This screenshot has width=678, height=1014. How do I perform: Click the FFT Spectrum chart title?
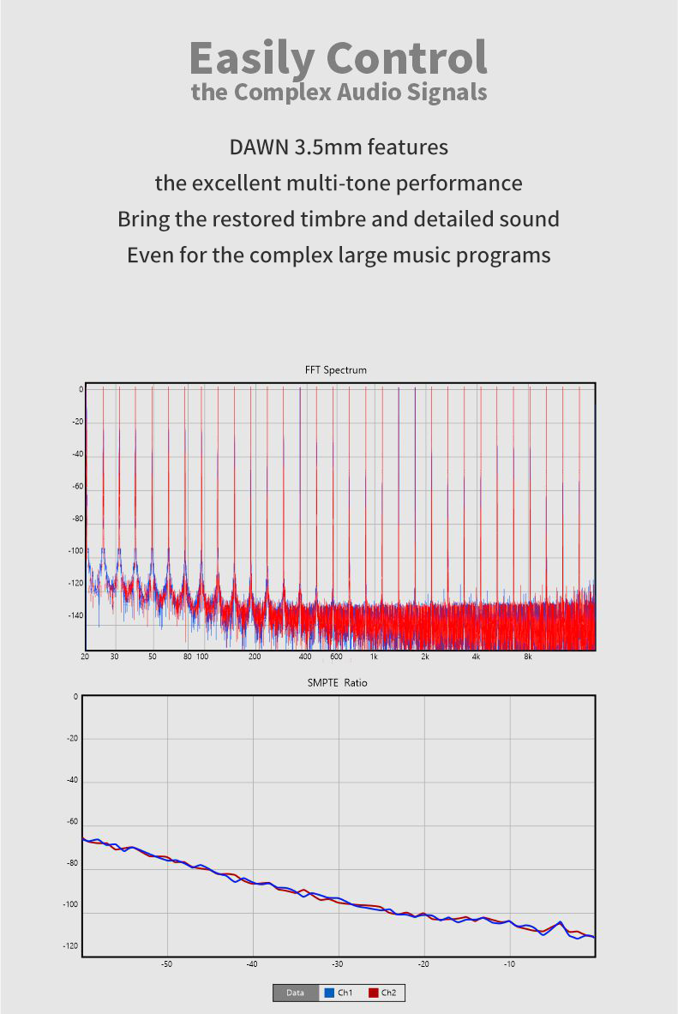336,370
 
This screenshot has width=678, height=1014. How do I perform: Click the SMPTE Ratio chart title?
337,683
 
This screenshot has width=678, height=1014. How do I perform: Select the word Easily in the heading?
251,58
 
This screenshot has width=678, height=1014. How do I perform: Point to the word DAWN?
259,147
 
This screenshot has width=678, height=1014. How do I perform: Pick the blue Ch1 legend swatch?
328,993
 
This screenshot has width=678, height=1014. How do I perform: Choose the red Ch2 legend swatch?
374,993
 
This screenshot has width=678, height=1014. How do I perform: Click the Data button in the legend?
295,993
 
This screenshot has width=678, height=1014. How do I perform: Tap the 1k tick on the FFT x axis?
374,657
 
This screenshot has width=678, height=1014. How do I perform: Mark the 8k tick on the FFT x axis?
528,657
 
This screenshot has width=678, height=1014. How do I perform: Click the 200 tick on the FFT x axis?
255,657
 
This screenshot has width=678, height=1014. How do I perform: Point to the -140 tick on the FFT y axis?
75,615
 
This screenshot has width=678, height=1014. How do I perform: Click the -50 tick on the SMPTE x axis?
167,964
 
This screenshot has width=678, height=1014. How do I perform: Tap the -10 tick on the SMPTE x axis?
510,964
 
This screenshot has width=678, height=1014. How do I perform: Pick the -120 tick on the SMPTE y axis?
70,946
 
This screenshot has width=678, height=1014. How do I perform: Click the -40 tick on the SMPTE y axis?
73,780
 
